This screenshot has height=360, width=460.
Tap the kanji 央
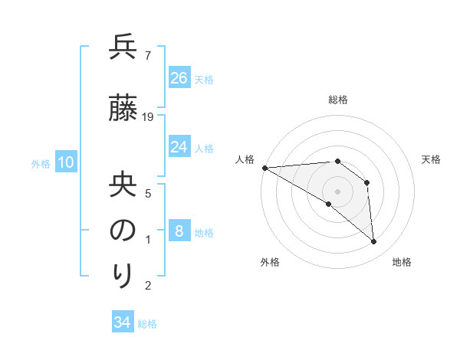[x=123, y=186]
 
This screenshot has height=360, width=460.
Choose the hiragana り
[x=123, y=276]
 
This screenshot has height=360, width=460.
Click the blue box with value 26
[x=179, y=78]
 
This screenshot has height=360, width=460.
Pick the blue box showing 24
[x=179, y=147]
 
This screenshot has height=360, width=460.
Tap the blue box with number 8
[x=179, y=231]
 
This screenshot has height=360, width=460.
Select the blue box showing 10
[x=64, y=162]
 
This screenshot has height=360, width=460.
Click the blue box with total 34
[x=123, y=322]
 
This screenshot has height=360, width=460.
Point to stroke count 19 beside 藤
[x=149, y=116]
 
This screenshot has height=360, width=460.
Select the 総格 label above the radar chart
[x=338, y=100]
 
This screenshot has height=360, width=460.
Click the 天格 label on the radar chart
[x=432, y=159]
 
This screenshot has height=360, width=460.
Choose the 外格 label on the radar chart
[x=270, y=262]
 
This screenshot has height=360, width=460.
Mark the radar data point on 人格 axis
[x=264, y=168]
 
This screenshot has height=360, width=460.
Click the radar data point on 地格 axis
[x=374, y=242]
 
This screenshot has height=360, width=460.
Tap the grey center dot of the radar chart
[x=337, y=191]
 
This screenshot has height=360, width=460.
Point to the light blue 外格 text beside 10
[x=41, y=163]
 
